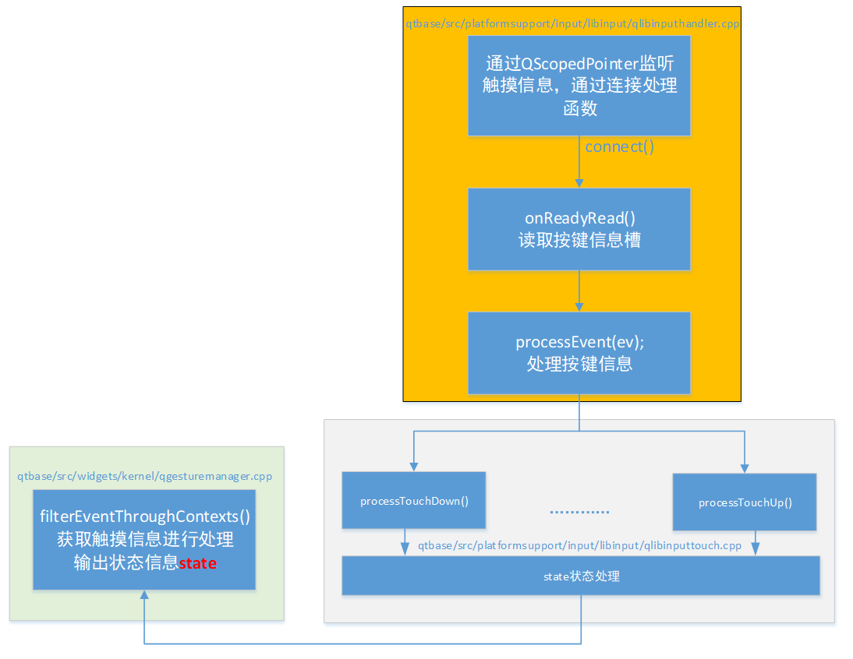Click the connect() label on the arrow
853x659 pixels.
tap(619, 147)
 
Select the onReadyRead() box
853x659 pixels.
tap(579, 229)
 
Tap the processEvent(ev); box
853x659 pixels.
tap(579, 353)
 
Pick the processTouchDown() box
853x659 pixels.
tap(413, 500)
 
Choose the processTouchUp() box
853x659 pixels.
tap(745, 502)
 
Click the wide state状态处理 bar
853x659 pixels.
tap(580, 576)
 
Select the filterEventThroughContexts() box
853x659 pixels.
tap(144, 539)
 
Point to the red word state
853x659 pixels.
tap(197, 563)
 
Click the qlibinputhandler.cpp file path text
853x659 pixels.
tap(572, 24)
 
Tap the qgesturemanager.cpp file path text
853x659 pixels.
tap(144, 476)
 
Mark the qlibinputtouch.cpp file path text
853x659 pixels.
tap(579, 545)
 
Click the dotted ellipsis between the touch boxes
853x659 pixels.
tap(579, 512)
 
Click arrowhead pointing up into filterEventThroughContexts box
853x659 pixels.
tap(144, 595)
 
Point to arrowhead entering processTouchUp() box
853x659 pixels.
tap(745, 468)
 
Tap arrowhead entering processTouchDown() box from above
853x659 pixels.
tap(413, 467)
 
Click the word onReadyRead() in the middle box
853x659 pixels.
tap(579, 218)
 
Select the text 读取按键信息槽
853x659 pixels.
tap(579, 240)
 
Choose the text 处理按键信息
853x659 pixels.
tap(579, 364)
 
